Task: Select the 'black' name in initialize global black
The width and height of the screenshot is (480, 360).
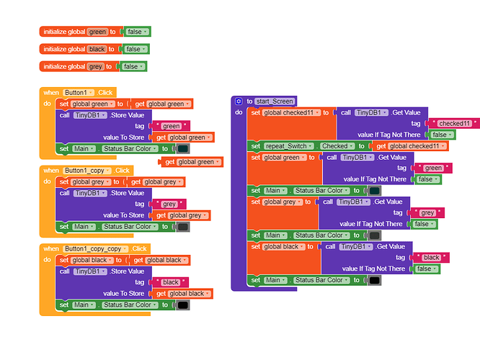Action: tap(97, 49)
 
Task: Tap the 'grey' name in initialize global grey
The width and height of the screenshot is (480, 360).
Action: tap(95, 66)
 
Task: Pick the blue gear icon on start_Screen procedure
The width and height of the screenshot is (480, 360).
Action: tap(239, 102)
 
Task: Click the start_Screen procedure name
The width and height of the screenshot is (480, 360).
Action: tap(275, 102)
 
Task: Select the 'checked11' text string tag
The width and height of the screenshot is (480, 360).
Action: tap(455, 123)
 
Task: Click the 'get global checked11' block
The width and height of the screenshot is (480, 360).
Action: tap(409, 146)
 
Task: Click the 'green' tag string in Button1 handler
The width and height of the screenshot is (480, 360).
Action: tap(171, 126)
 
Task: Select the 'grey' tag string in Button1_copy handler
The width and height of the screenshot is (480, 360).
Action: tap(169, 204)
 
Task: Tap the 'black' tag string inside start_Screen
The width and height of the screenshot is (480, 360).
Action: tap(431, 257)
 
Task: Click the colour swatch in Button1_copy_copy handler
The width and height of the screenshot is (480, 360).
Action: tap(183, 305)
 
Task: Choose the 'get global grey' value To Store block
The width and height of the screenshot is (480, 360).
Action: tap(180, 215)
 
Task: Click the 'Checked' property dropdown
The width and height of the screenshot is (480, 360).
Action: tap(334, 146)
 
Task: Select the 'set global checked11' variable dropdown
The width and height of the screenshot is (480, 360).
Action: tap(291, 112)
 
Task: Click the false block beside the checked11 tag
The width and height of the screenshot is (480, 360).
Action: tap(441, 135)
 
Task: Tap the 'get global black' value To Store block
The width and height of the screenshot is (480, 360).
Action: tap(181, 294)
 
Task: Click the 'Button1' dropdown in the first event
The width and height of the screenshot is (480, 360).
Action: tap(78, 93)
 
